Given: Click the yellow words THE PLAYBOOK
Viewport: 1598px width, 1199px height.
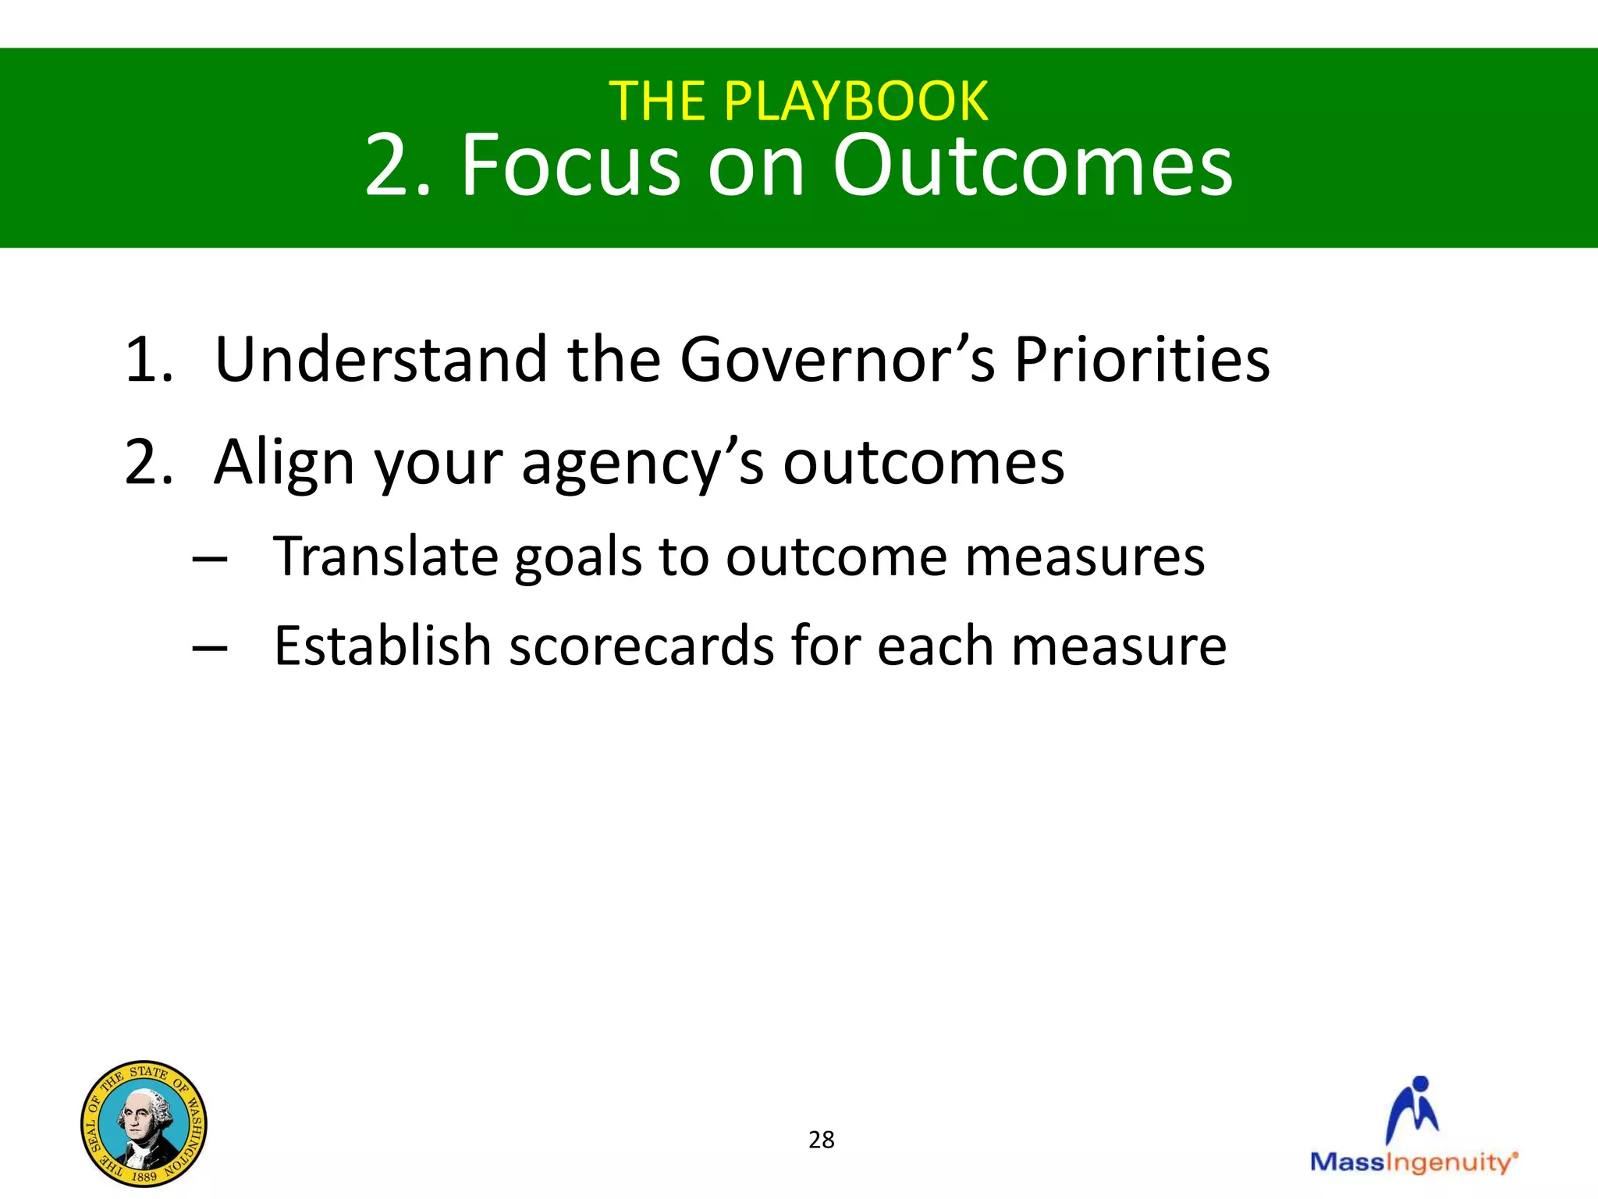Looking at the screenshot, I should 798,101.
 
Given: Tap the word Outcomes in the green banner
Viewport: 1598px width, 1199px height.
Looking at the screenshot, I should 1032,165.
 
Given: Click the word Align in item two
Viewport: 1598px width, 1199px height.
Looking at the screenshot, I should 284,463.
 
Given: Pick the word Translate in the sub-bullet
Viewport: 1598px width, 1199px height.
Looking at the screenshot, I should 385,557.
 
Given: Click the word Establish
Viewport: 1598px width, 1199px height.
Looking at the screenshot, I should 382,646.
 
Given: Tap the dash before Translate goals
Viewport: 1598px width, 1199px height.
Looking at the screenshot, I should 210,559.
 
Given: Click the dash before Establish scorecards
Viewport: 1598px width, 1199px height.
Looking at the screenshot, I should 210,648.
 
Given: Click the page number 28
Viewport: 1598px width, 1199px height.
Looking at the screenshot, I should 821,1140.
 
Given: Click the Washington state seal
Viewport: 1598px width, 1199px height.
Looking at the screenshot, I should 144,1123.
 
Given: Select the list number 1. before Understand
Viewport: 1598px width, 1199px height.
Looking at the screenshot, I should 148,360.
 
